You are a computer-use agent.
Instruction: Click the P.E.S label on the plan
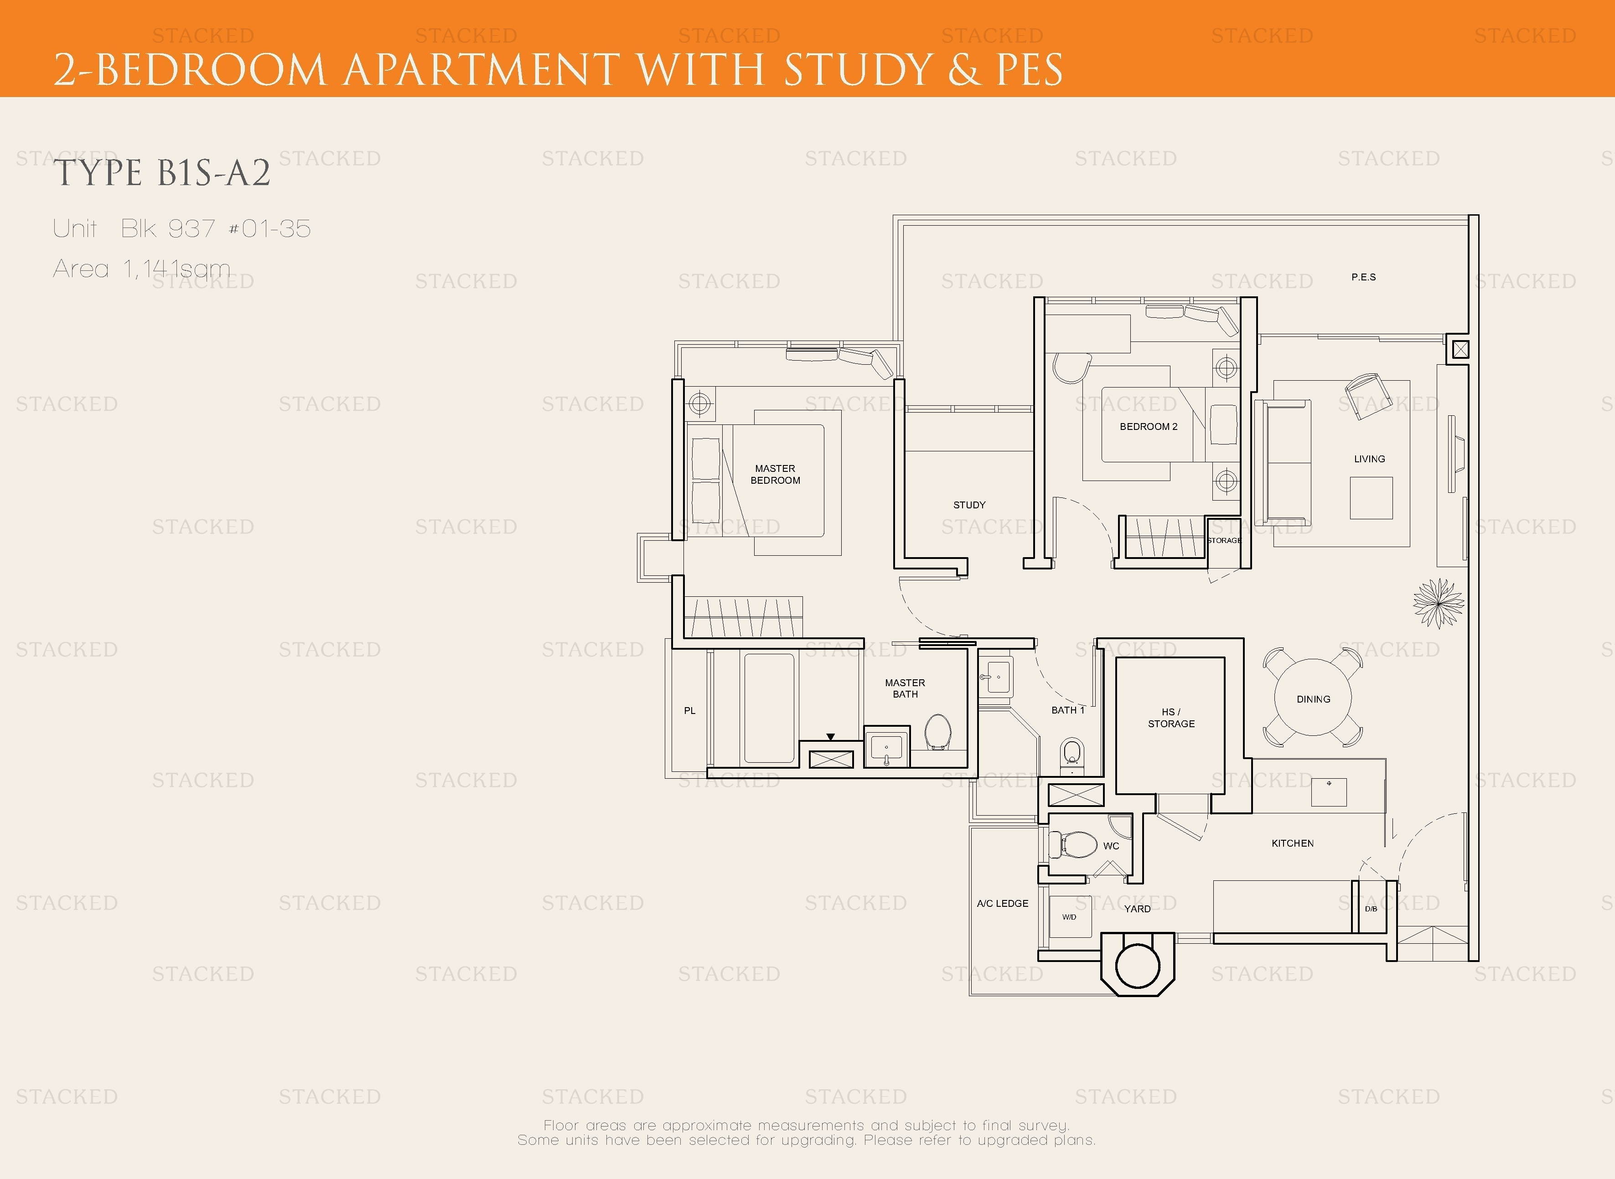click(x=1363, y=277)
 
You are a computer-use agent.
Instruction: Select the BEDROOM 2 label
click(x=1148, y=427)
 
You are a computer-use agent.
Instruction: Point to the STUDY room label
click(x=969, y=505)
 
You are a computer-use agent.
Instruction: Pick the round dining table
click(x=1313, y=699)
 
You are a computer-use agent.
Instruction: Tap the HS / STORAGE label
click(x=1171, y=717)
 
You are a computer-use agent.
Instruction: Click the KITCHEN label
click(x=1293, y=843)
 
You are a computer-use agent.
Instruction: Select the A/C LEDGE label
click(x=1003, y=904)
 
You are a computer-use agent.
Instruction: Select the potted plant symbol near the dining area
click(x=1438, y=603)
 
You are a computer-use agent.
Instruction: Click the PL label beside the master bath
click(x=689, y=710)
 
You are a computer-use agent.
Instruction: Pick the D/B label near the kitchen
click(x=1371, y=909)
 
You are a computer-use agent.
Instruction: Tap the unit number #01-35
click(x=270, y=228)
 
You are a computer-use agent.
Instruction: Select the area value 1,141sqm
click(x=177, y=269)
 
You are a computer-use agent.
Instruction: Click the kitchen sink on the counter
click(x=1329, y=791)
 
